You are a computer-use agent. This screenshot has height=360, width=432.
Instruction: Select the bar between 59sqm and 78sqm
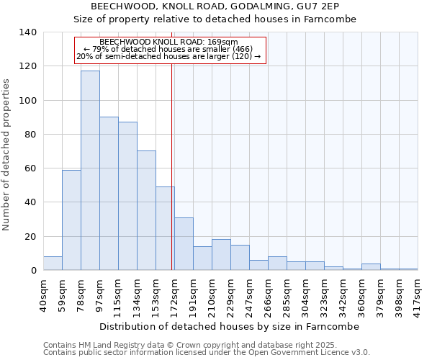[x=71, y=220]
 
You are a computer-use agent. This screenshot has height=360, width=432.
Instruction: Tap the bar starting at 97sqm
[x=109, y=194]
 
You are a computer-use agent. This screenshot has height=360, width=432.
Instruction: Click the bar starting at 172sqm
[x=184, y=244]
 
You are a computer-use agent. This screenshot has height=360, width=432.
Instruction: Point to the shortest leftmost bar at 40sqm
[x=53, y=264]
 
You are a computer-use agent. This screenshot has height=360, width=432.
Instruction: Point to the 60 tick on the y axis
[x=32, y=168]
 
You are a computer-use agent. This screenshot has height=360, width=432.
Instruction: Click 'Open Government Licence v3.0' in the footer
[x=314, y=352]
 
